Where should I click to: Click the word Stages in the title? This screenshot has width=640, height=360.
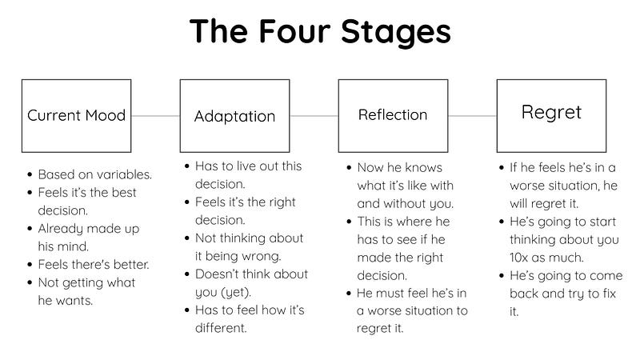(x=395, y=32)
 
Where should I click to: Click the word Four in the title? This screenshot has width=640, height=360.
(x=294, y=31)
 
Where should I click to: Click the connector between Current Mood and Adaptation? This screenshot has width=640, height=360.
(x=155, y=116)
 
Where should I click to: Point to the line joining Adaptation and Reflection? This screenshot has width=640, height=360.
(x=314, y=116)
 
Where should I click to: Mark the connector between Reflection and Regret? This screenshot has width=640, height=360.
(x=472, y=116)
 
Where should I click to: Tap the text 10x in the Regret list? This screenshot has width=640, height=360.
(x=519, y=258)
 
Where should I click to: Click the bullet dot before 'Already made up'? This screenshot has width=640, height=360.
(x=30, y=229)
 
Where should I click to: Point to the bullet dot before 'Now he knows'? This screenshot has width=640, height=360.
(x=349, y=168)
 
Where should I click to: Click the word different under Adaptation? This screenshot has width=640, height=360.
(x=221, y=328)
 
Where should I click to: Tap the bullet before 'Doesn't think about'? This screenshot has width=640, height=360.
(x=187, y=274)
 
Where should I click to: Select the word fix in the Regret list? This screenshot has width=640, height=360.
(x=609, y=294)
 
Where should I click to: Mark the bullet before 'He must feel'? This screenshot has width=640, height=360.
(x=349, y=293)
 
